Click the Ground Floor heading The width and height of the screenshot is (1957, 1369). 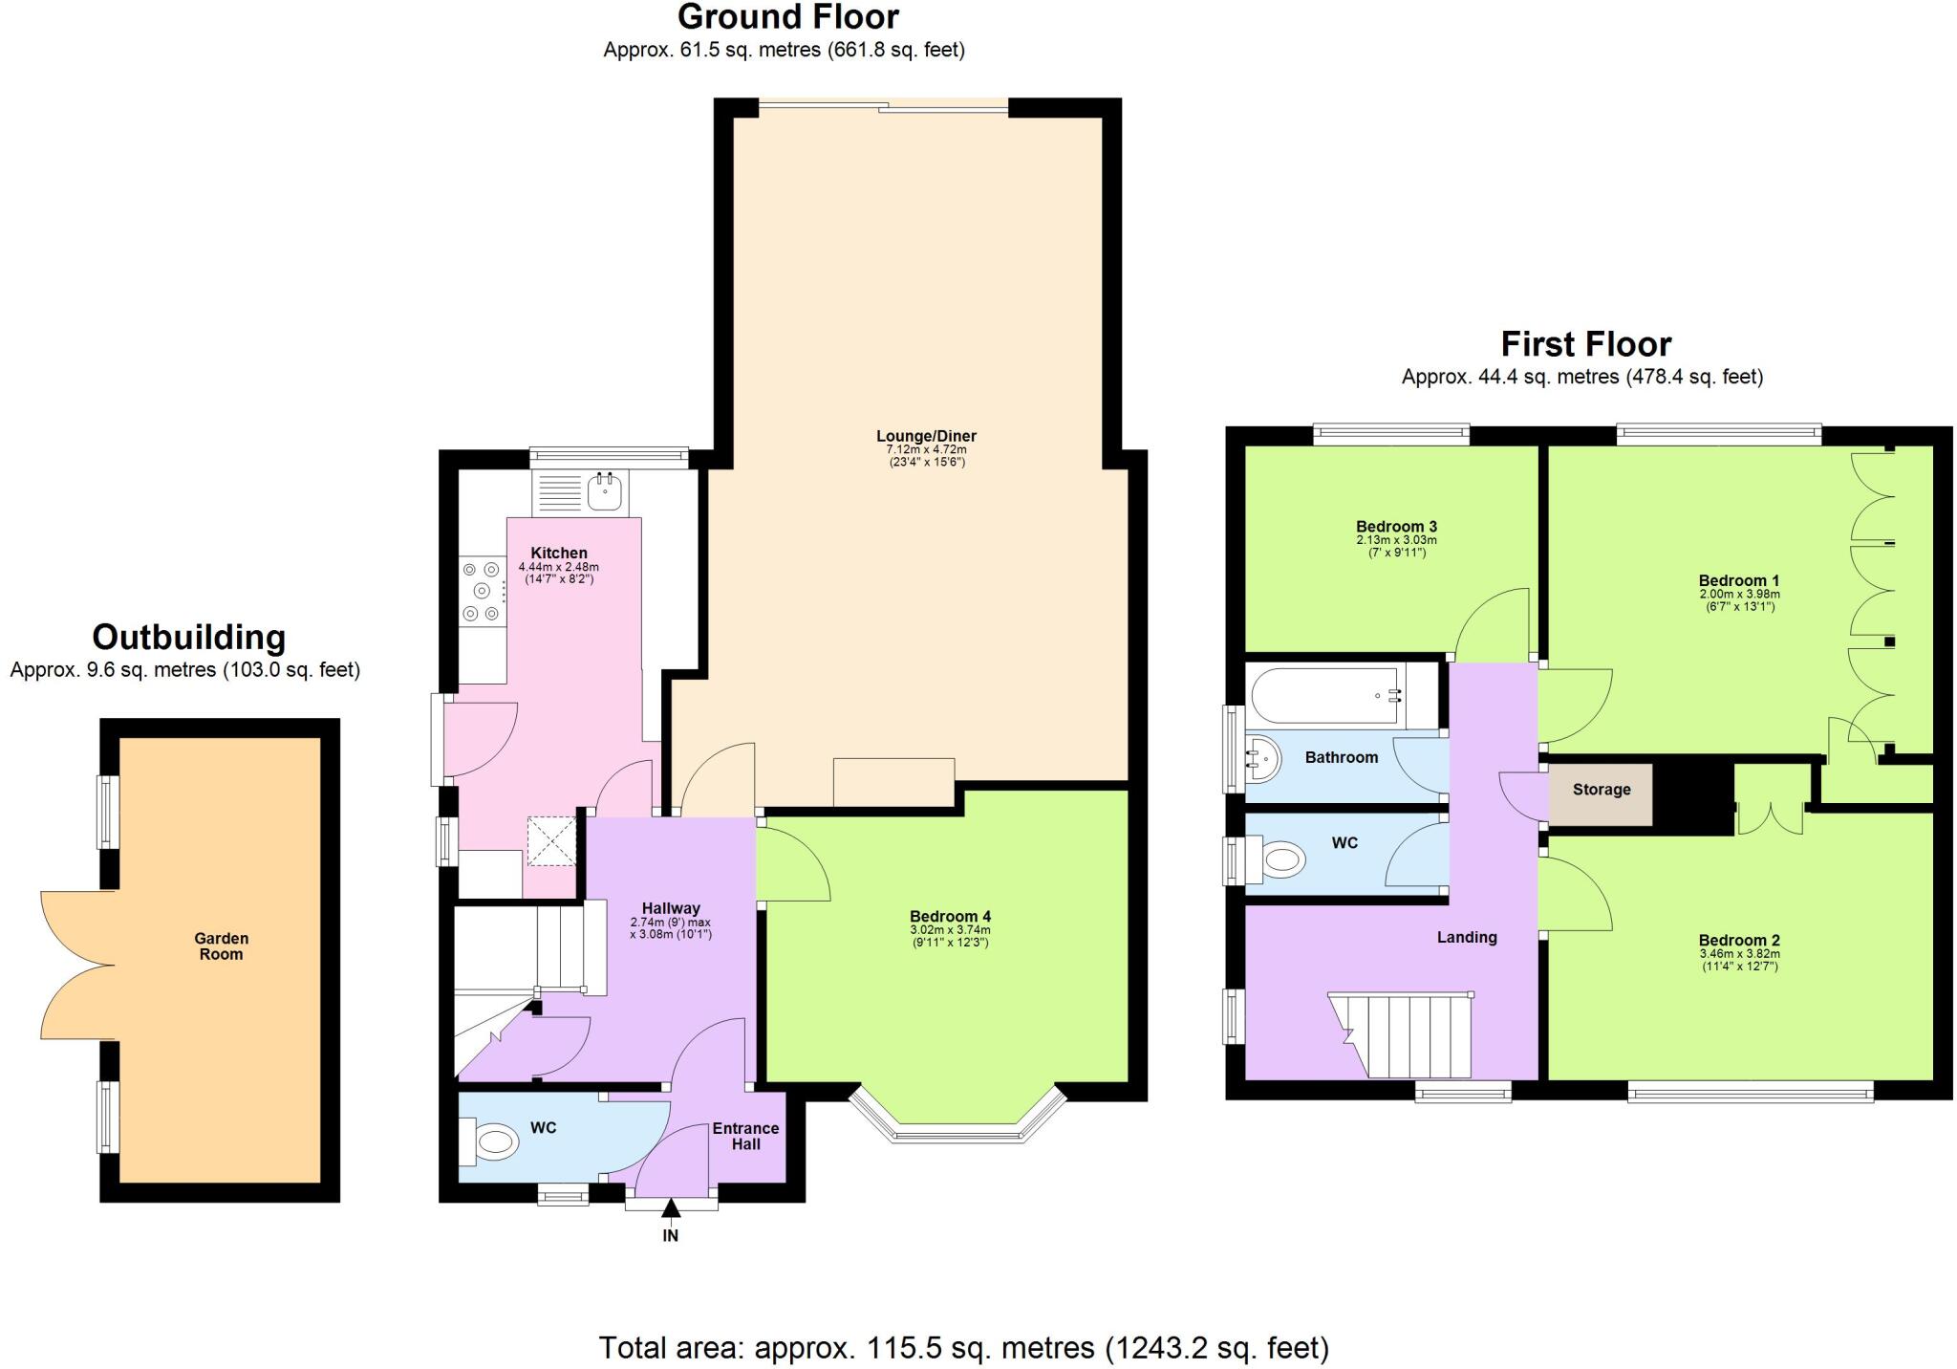(787, 17)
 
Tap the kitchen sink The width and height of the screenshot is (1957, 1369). (605, 492)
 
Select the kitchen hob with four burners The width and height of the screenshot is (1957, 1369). (482, 591)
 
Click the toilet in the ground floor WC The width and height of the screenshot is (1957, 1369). (492, 1142)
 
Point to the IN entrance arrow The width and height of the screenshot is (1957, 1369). (671, 1210)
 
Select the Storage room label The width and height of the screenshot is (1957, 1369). (1601, 790)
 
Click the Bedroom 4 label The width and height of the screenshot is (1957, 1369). (949, 917)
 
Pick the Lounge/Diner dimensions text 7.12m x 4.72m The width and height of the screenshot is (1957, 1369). (926, 449)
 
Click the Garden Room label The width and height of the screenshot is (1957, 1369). (221, 946)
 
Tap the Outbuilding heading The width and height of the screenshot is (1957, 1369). (188, 637)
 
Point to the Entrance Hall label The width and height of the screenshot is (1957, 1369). (745, 1136)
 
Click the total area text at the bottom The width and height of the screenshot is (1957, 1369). (963, 1348)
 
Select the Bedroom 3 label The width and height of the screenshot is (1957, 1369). (1396, 526)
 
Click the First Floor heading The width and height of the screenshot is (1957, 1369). (1585, 343)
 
